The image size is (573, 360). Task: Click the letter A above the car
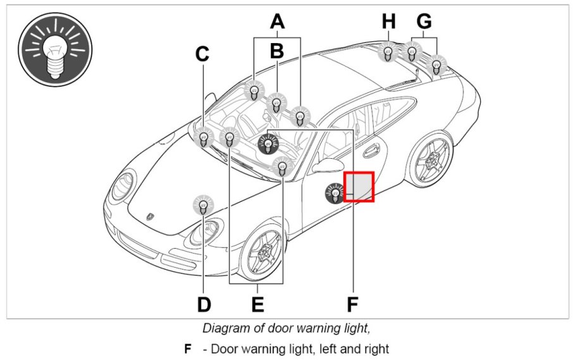click(277, 22)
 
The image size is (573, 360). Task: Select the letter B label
click(276, 51)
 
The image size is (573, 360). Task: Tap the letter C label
click(202, 54)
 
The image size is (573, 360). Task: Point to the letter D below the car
click(203, 304)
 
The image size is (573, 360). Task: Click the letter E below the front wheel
click(257, 304)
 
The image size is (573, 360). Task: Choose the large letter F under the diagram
click(352, 304)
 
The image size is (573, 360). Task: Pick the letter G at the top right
click(424, 22)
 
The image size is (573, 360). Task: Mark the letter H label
click(388, 22)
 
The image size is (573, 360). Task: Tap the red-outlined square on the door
click(359, 187)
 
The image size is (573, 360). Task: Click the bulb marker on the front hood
click(203, 204)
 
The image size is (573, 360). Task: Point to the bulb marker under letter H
click(387, 52)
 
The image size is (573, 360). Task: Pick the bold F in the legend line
click(187, 349)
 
